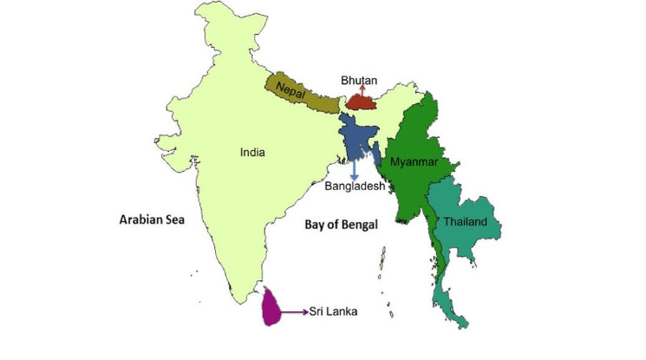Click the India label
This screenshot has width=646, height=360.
[x=252, y=153]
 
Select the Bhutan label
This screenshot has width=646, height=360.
[x=358, y=81]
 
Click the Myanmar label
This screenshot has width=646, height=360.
[x=413, y=162]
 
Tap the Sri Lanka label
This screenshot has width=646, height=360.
[x=334, y=311]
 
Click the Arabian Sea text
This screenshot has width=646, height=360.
[x=153, y=220]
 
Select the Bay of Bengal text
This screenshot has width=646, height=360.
[x=342, y=225]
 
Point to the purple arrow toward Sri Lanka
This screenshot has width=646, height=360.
[x=295, y=311]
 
